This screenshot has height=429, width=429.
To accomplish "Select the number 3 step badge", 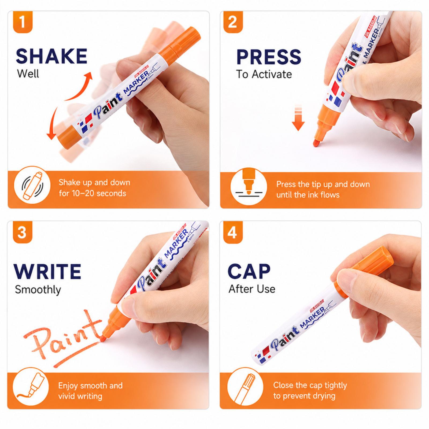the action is click(x=23, y=232).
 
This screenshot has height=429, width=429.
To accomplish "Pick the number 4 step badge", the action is click(x=233, y=232).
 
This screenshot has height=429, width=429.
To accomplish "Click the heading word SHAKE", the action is click(x=52, y=56).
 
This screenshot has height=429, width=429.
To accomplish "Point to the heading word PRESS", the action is click(x=269, y=57).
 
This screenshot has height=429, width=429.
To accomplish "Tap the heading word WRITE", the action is click(x=47, y=272).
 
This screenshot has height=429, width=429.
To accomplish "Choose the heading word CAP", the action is click(x=249, y=271).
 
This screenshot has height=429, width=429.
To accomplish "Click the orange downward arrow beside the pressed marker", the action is click(x=298, y=118).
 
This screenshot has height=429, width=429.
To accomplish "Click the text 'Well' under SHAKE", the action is click(x=28, y=73).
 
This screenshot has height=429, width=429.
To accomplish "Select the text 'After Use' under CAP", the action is click(x=252, y=289).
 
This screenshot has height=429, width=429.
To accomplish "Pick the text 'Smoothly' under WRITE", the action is click(x=38, y=290).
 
